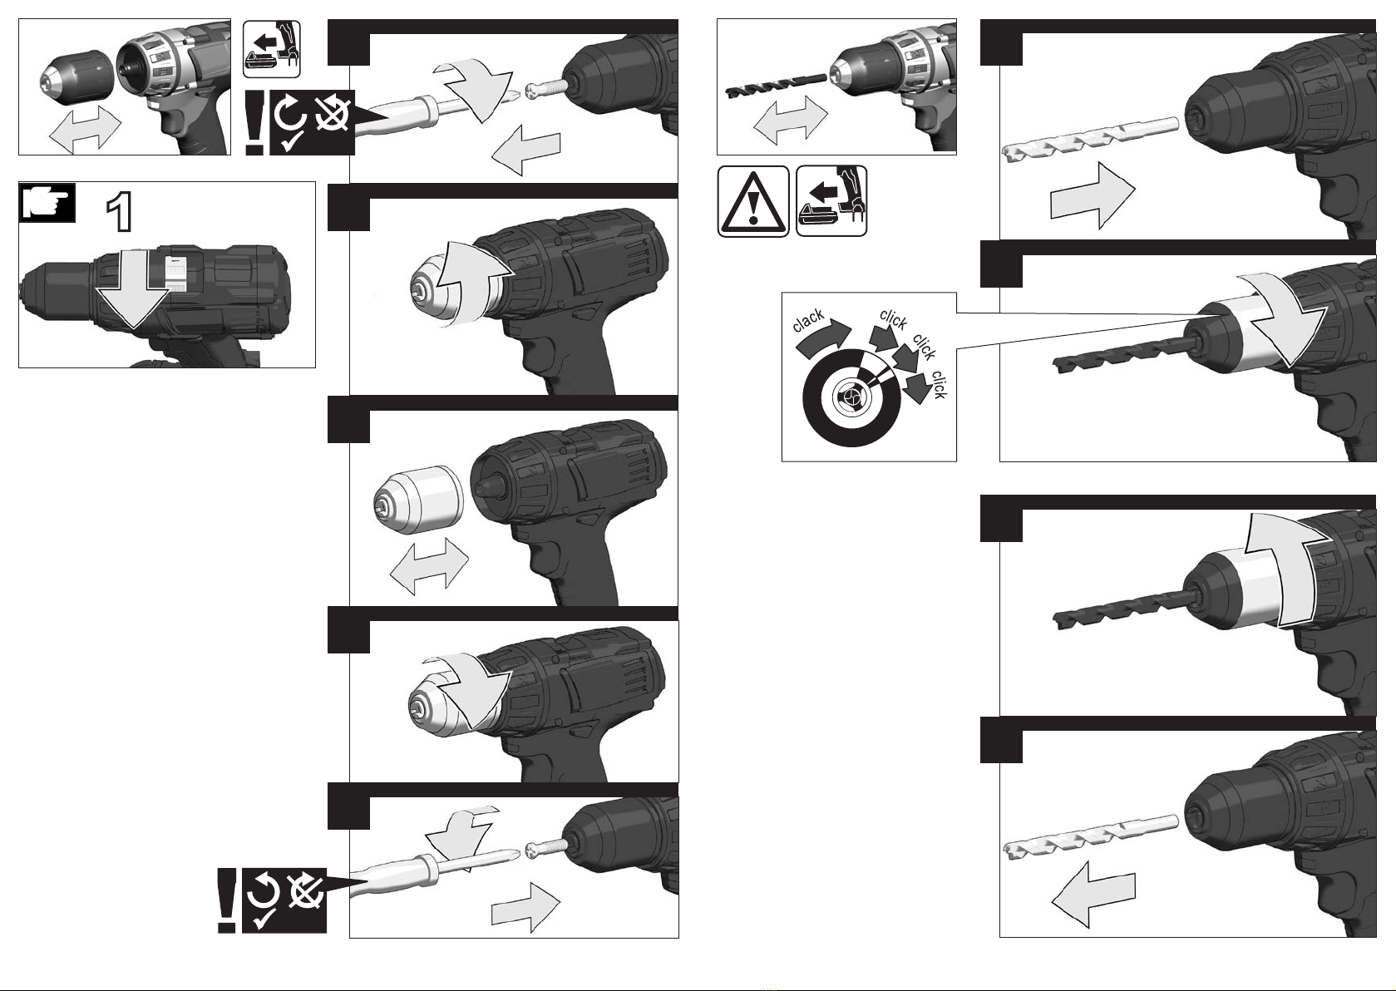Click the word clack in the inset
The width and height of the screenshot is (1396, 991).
point(809,320)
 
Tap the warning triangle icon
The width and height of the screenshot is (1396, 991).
point(753,201)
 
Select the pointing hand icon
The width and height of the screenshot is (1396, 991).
point(47,203)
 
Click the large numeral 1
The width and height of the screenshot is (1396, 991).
point(119,212)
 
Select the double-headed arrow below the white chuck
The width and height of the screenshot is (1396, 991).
point(429,566)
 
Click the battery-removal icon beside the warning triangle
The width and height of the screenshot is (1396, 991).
point(831,200)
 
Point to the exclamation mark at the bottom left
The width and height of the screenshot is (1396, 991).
point(226,900)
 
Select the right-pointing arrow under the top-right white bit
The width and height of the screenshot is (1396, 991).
point(1093,195)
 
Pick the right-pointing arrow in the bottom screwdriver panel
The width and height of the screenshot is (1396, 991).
point(525,906)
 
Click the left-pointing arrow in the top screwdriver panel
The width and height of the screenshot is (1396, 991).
point(525,150)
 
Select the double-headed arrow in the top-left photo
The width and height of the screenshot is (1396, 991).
point(85,129)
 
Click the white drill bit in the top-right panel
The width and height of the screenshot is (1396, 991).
point(1091,142)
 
